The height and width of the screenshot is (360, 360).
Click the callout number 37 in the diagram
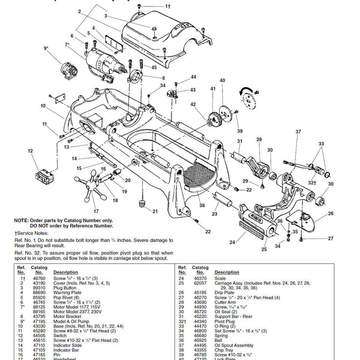point(298,131)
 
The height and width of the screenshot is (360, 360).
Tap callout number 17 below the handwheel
point(95,211)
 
